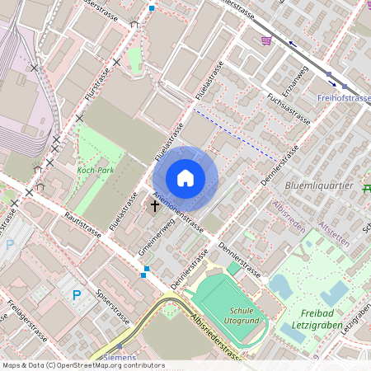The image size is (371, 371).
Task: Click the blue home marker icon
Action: pos(185,177)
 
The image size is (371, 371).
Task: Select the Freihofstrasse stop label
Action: pos(344,98)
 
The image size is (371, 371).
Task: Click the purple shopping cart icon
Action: pos(266,40)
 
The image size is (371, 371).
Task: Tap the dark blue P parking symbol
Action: pos(77,294)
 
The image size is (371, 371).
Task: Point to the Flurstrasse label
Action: pos(97,83)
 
